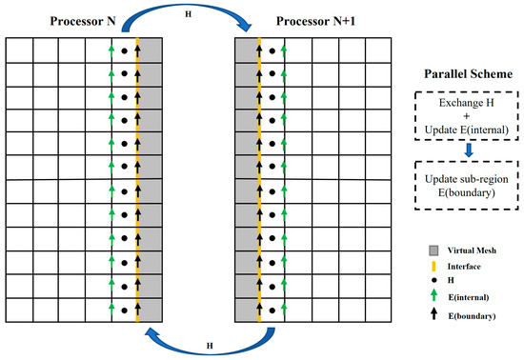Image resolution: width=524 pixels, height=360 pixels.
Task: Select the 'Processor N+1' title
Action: click(309, 20)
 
